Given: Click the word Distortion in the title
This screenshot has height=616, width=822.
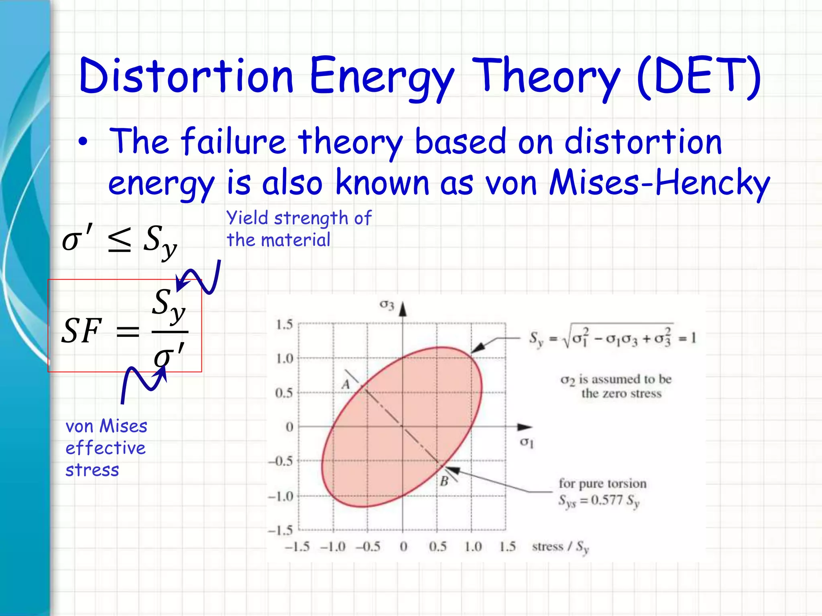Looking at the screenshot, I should [186, 75].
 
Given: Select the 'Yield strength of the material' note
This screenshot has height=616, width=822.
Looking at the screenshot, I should [299, 229].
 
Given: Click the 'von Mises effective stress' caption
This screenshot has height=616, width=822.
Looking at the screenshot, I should [106, 448].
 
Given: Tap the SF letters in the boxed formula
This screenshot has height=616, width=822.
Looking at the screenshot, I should [81, 331].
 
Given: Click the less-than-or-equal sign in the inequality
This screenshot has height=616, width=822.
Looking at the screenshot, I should [120, 240].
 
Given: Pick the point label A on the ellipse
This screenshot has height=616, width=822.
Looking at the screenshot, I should [346, 385].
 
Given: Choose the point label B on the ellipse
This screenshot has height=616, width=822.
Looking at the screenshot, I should [444, 481].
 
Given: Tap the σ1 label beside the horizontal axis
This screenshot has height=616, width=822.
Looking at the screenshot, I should [527, 443].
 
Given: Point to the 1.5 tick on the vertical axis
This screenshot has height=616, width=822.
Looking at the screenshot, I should [284, 324].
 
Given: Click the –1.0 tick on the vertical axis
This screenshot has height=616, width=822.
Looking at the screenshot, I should [281, 496].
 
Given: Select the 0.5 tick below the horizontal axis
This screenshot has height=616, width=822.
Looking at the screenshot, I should [437, 546].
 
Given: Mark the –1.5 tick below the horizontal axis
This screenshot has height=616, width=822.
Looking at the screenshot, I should [297, 546].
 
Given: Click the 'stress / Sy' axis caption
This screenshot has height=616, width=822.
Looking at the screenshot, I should [560, 547].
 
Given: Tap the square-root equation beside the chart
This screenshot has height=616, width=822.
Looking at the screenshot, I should [612, 338].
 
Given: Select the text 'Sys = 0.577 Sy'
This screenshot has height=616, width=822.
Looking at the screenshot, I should [599, 500].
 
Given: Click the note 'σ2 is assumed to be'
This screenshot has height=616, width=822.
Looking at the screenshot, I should [616, 379].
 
